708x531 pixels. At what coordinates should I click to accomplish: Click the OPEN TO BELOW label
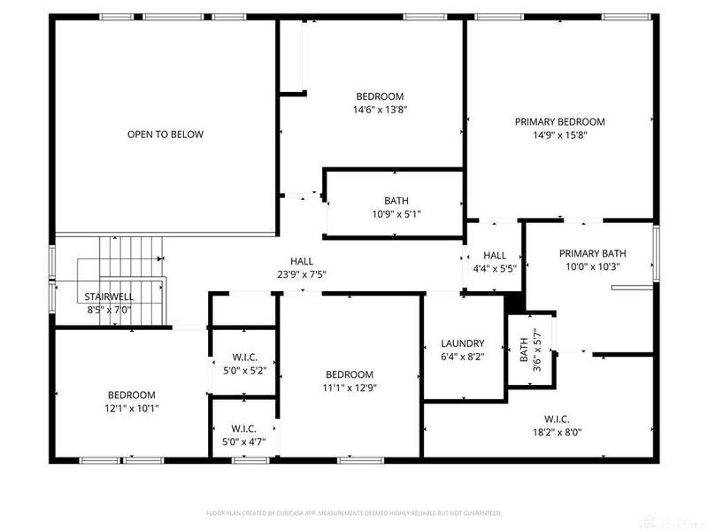click(165, 135)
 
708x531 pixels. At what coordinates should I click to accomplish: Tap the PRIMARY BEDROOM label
click(559, 122)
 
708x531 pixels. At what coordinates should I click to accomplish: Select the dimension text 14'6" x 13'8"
click(380, 110)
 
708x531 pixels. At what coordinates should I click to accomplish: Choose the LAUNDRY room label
click(462, 343)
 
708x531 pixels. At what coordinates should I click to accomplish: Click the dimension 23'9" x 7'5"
click(302, 274)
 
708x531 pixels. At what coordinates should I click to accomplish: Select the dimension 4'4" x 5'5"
click(495, 268)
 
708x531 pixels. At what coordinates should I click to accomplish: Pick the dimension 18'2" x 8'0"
click(557, 433)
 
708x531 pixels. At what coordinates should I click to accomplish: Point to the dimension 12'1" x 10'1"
click(132, 408)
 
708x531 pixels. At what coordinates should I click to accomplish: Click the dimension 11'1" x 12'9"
click(349, 387)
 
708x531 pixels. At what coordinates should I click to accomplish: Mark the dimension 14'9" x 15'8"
click(559, 135)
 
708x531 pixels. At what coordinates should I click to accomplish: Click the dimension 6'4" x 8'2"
click(462, 357)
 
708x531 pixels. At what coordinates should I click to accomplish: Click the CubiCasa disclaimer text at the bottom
click(354, 512)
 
